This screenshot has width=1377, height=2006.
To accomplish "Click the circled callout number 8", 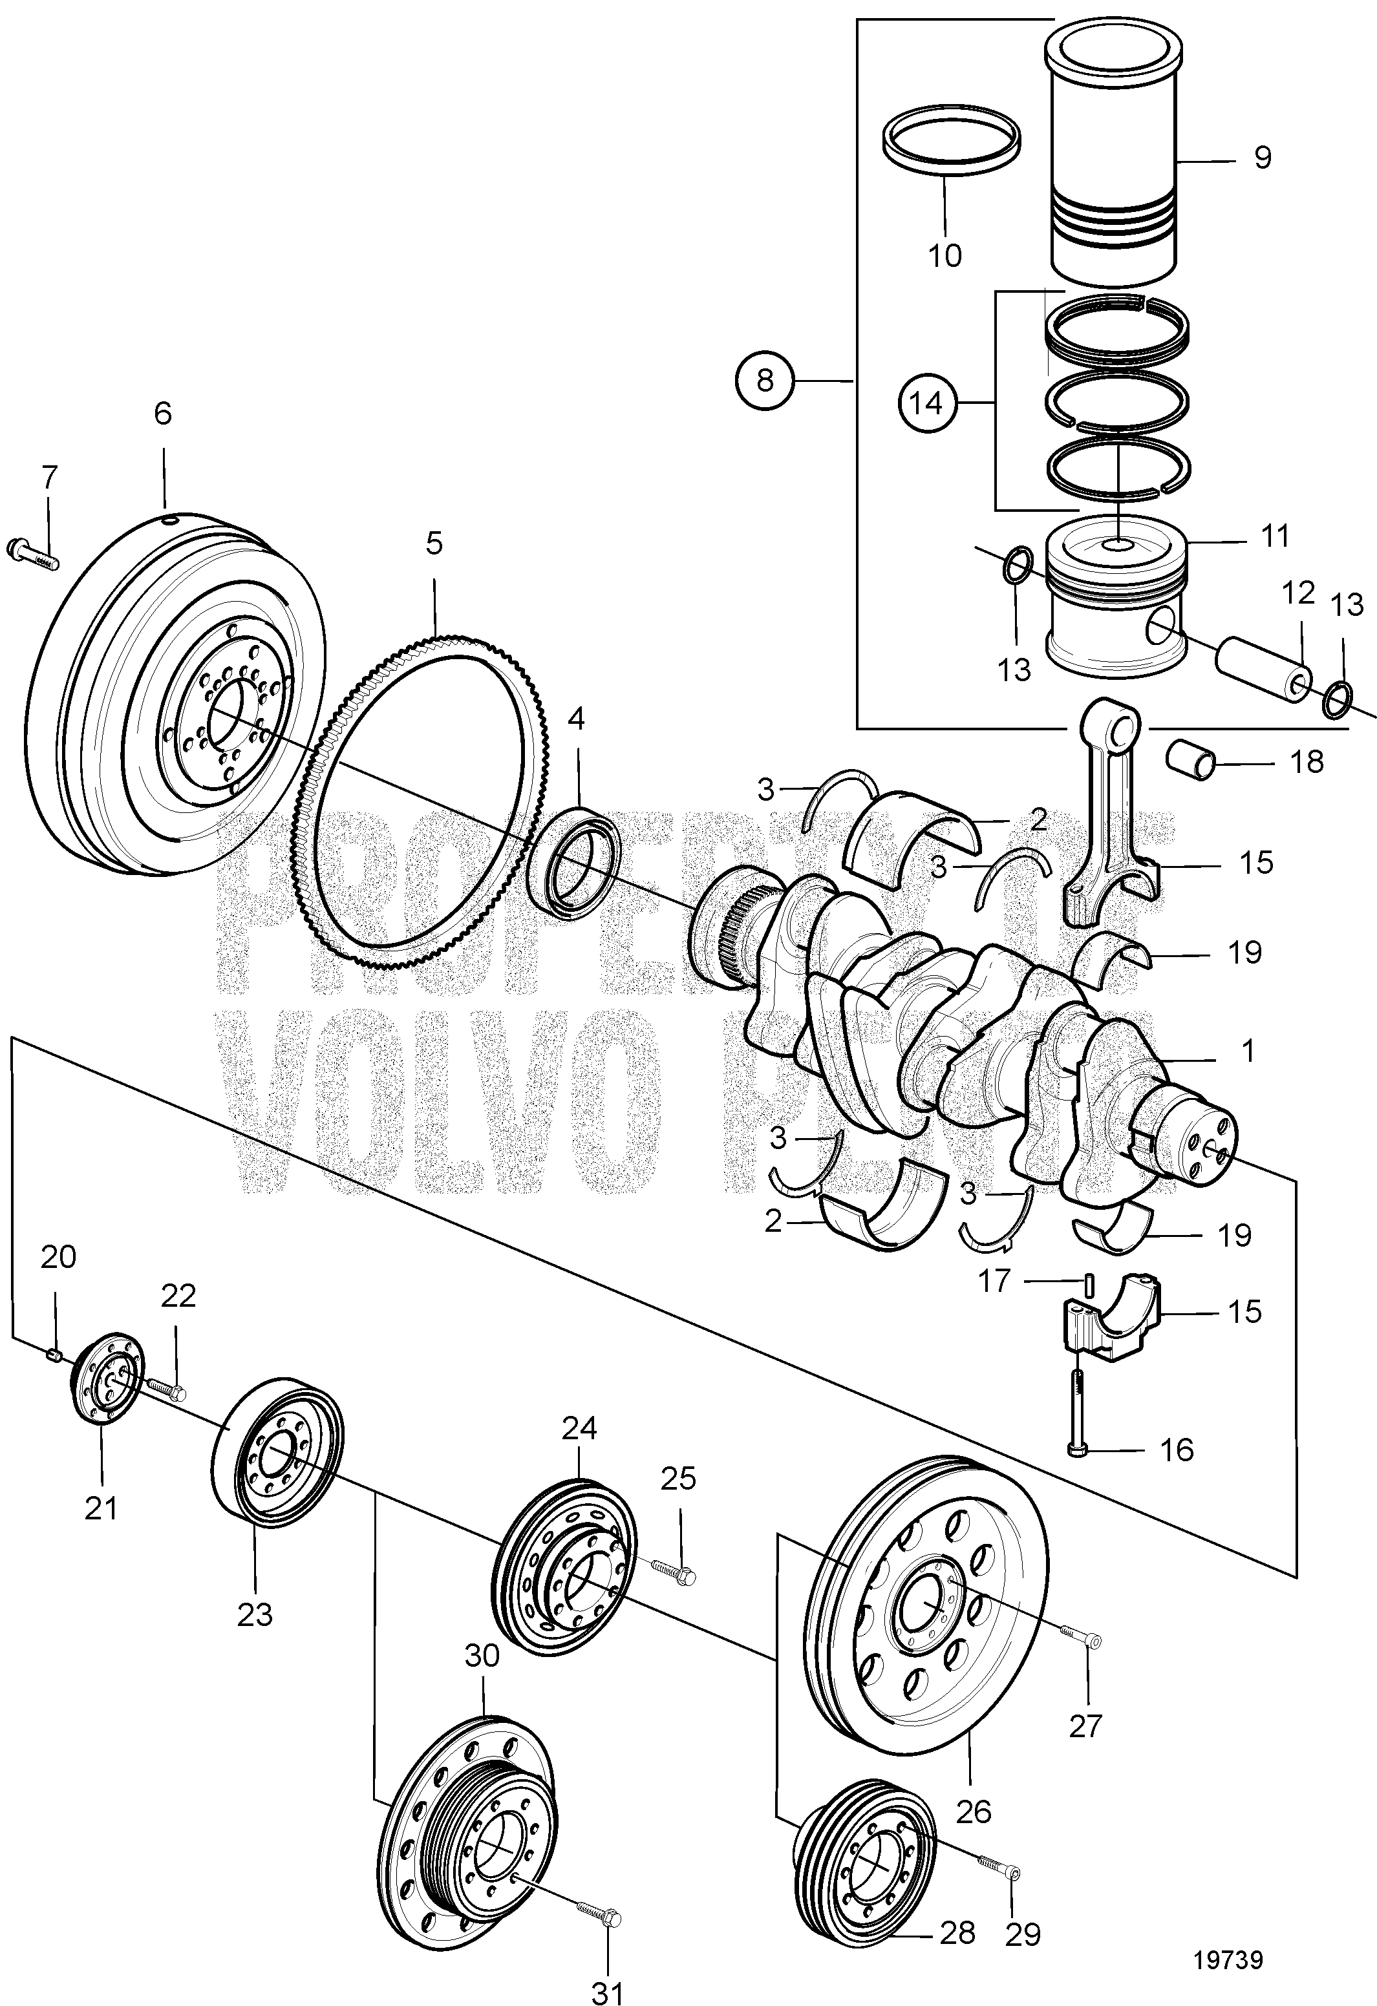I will tap(765, 380).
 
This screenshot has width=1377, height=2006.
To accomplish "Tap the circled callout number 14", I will tap(927, 403).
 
